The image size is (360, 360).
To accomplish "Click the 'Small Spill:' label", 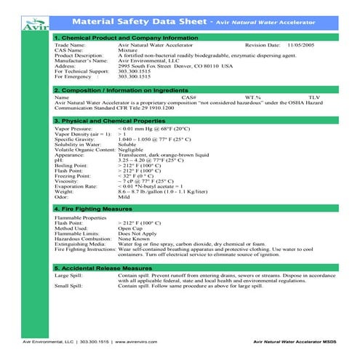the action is [68, 287].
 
